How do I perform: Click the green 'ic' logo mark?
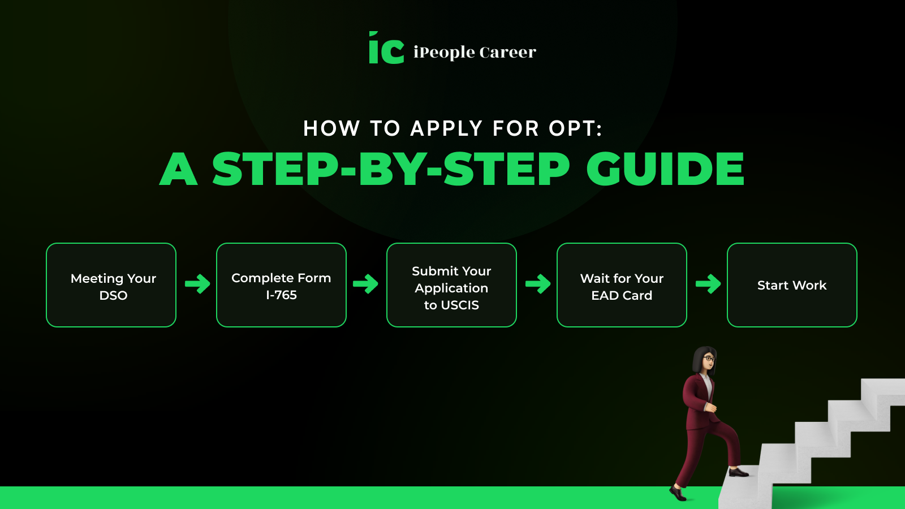point(386,48)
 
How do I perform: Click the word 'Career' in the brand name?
point(508,52)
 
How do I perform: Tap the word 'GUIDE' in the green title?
point(665,169)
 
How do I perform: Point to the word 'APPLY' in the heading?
point(446,128)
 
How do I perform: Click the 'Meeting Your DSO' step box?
point(111,285)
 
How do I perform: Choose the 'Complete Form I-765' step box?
point(281,285)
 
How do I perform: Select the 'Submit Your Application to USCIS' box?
point(452,285)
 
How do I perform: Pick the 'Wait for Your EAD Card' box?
point(622,285)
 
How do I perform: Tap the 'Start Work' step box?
point(792,285)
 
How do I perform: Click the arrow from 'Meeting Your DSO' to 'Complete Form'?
point(197,283)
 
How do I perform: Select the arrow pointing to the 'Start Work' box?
point(708,283)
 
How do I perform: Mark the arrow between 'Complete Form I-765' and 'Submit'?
point(365,283)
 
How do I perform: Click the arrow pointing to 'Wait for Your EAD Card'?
point(538,283)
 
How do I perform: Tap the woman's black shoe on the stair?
point(739,472)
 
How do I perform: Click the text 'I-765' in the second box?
point(281,295)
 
